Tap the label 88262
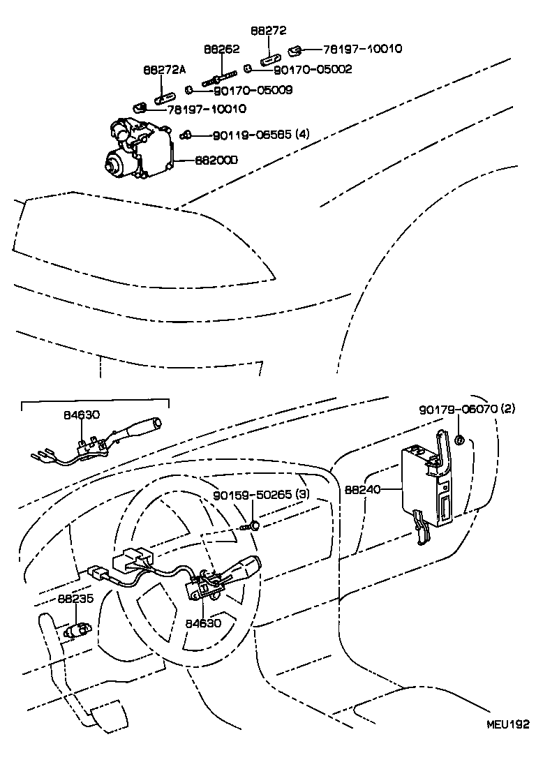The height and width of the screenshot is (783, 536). [222, 50]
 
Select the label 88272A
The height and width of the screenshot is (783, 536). [165, 70]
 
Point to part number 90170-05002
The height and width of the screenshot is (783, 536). [312, 69]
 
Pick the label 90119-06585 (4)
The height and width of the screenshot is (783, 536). [251, 135]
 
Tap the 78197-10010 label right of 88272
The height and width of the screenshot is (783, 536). [362, 49]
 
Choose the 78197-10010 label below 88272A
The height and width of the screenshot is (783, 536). [206, 109]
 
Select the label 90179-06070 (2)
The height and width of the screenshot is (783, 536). [467, 410]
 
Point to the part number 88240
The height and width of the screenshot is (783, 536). [362, 490]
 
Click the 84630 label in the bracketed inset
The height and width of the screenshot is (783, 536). [82, 415]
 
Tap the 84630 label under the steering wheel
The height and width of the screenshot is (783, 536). [203, 622]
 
